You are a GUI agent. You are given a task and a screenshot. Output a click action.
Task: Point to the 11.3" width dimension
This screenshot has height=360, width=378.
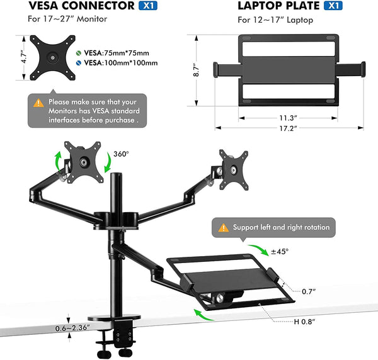(x=289, y=116)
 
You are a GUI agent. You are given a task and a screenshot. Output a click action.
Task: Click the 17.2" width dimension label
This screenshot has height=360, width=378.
(x=289, y=128)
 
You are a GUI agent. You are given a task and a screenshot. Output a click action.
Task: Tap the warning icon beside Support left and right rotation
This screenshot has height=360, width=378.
(x=223, y=227)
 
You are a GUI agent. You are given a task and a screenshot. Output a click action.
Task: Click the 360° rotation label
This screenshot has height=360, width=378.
(x=122, y=154)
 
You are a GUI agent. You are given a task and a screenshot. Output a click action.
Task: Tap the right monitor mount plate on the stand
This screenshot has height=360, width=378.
(x=233, y=168)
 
